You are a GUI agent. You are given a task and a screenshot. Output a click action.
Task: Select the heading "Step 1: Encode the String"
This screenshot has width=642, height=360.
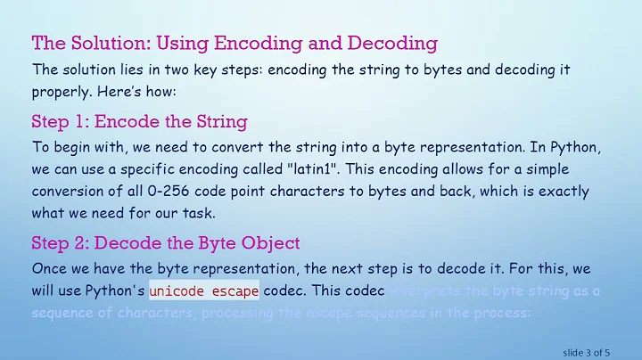click(x=139, y=122)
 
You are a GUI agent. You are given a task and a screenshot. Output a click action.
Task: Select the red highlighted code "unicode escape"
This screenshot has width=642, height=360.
click(x=204, y=290)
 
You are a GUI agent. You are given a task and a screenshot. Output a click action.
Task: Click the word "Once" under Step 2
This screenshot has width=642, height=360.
click(x=51, y=268)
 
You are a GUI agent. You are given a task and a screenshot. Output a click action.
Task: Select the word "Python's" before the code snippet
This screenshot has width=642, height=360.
click(x=118, y=290)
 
